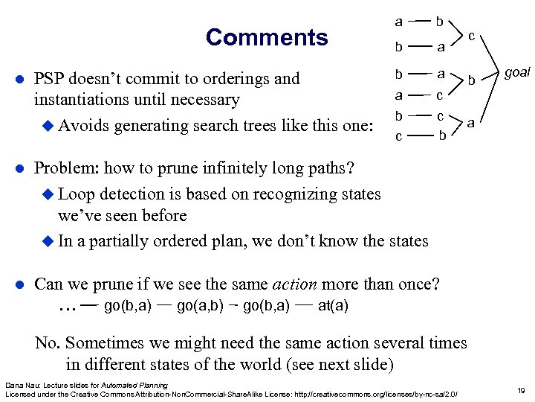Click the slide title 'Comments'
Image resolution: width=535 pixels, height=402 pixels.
click(x=266, y=37)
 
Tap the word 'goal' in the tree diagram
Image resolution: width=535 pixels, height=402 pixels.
click(x=517, y=72)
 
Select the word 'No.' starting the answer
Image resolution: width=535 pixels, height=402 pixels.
click(x=49, y=342)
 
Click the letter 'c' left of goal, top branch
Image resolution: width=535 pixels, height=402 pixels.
click(x=472, y=34)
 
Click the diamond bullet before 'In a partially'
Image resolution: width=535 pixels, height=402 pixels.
click(x=49, y=241)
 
